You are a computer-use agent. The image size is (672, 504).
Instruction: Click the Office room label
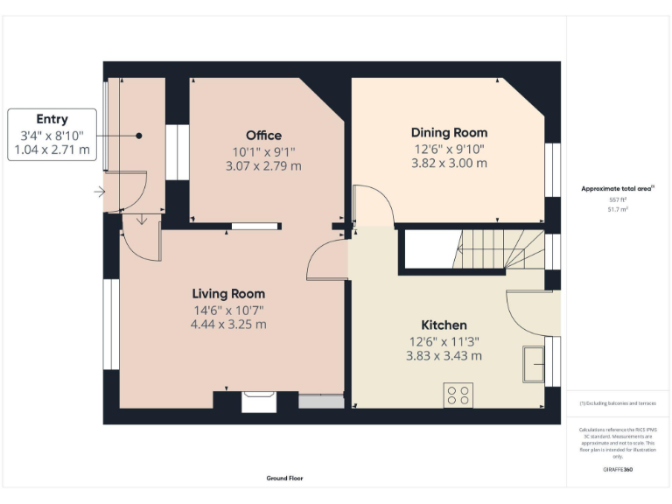tap(263, 135)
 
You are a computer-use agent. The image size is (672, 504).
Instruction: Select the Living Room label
tap(228, 293)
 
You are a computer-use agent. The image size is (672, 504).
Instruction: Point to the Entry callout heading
tap(52, 119)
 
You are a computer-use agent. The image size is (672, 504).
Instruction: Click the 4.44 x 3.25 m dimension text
tap(228, 324)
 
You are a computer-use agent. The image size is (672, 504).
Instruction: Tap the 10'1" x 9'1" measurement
tap(263, 150)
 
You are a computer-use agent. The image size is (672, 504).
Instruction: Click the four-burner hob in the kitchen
tap(458, 395)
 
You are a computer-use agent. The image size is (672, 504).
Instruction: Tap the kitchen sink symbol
tap(532, 364)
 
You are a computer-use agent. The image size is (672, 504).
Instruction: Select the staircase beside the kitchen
tap(495, 248)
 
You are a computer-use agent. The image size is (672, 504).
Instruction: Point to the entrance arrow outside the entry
tap(100, 192)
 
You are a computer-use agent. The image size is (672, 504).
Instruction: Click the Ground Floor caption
tap(284, 479)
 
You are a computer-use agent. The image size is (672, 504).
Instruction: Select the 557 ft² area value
tap(618, 200)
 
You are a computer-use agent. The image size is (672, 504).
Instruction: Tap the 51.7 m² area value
tap(618, 210)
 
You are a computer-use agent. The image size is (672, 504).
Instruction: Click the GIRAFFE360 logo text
tap(618, 470)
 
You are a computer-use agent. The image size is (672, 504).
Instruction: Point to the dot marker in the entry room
tap(138, 136)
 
